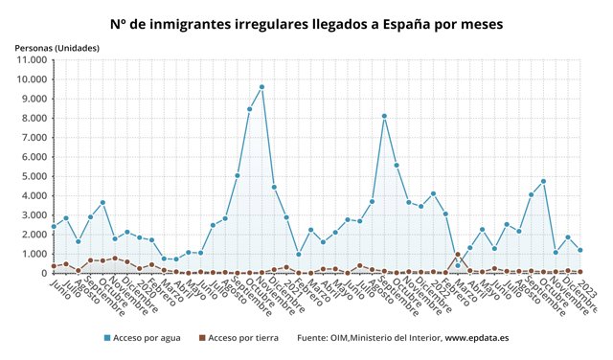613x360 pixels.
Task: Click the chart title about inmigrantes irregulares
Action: [306, 22]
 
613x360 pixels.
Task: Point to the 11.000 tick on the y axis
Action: [30, 59]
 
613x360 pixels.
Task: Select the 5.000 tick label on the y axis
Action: [33, 176]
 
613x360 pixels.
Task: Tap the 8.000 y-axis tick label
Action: [33, 118]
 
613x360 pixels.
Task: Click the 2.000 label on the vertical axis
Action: [33, 235]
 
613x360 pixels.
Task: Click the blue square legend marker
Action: [107, 338]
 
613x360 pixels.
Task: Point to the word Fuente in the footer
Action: [315, 338]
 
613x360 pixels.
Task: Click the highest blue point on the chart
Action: [261, 87]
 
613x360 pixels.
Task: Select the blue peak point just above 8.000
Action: [384, 117]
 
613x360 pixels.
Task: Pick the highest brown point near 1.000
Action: [458, 255]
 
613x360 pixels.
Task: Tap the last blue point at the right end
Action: [580, 250]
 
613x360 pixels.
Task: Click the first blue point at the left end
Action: [54, 226]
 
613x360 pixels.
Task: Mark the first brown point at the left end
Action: [54, 266]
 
